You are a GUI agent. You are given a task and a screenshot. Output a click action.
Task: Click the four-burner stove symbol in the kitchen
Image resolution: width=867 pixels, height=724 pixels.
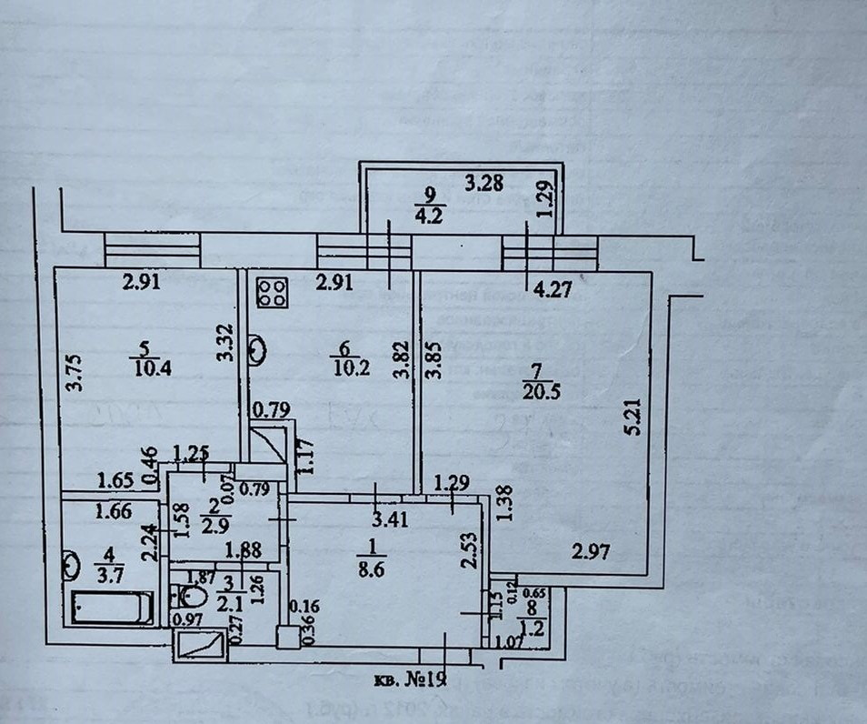click(x=270, y=291)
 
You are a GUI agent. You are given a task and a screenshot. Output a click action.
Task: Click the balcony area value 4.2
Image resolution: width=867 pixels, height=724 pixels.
click(x=426, y=218)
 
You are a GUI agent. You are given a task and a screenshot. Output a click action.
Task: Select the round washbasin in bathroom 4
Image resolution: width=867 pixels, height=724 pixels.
click(x=72, y=565)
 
